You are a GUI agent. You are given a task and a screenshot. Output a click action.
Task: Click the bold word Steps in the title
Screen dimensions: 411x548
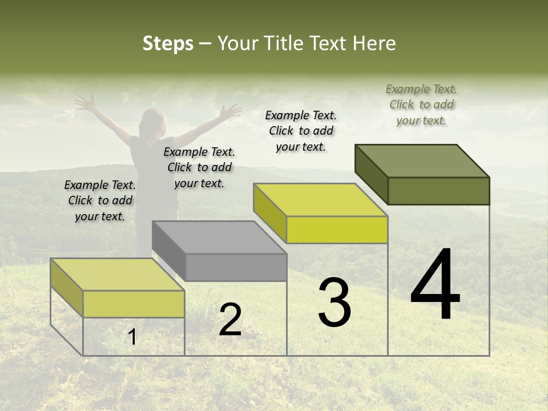pyautogui.click(x=168, y=44)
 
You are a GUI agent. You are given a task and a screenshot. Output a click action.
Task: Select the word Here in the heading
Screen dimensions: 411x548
pyautogui.click(x=374, y=44)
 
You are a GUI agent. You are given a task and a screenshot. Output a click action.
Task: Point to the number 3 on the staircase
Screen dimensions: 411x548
pyautogui.click(x=335, y=303)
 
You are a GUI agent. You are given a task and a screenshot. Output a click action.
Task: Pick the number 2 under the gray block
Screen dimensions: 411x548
pyautogui.click(x=231, y=320)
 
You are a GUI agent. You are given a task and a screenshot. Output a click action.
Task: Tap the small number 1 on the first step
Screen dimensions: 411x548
pyautogui.click(x=132, y=337)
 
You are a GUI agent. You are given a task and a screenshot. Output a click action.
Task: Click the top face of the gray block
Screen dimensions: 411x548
pyautogui.click(x=219, y=237)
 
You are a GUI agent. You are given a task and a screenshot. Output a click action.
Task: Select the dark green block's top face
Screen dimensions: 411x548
pyautogui.click(x=422, y=160)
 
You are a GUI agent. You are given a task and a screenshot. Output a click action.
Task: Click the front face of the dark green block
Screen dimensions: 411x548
pyautogui.click(x=438, y=191)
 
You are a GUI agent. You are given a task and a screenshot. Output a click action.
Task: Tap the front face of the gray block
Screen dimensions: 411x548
pyautogui.click(x=236, y=267)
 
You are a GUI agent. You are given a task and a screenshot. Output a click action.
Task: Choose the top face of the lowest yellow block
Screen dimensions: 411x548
pyautogui.click(x=117, y=275)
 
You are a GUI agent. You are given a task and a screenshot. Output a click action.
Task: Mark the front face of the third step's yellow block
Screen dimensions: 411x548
pyautogui.click(x=337, y=230)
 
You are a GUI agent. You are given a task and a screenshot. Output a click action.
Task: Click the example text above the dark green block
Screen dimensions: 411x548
pyautogui.click(x=421, y=104)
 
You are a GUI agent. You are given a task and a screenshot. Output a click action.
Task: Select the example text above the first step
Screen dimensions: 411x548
pyautogui.click(x=100, y=200)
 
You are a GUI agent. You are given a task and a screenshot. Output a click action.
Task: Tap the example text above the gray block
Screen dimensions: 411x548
pyautogui.click(x=199, y=167)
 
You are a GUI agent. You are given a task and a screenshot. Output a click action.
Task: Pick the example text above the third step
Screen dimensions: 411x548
pyautogui.click(x=301, y=131)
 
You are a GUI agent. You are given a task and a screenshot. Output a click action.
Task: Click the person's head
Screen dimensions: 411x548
pyautogui.click(x=151, y=122)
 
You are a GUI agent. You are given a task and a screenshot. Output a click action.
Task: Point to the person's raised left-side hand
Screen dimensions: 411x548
pyautogui.click(x=86, y=103)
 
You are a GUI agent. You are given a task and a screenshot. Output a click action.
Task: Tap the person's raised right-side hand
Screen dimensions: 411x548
pyautogui.click(x=232, y=110)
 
